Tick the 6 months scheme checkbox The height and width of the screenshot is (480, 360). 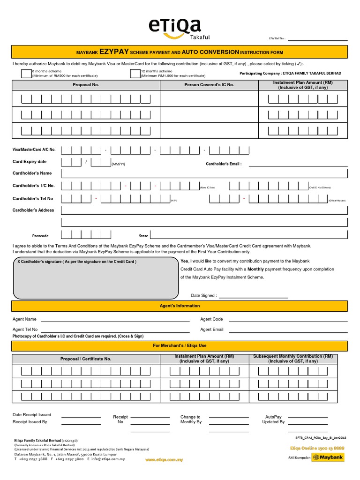tap(26, 73)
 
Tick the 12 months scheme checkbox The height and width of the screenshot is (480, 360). tap(135, 73)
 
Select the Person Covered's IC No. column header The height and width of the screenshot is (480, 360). tap(209, 85)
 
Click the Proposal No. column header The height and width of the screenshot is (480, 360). tap(86, 85)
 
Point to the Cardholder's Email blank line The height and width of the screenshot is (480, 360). tap(298, 165)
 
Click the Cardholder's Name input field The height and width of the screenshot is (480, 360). tap(204, 173)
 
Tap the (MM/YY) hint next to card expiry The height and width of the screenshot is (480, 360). tap(118, 165)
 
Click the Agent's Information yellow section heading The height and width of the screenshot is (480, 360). tap(180, 306)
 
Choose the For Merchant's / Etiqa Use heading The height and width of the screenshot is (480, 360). tap(180, 345)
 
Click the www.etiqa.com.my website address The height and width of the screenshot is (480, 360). tap(164, 460)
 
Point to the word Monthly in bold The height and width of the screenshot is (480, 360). tap(255, 270)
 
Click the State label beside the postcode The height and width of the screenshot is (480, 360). tap(143, 236)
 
